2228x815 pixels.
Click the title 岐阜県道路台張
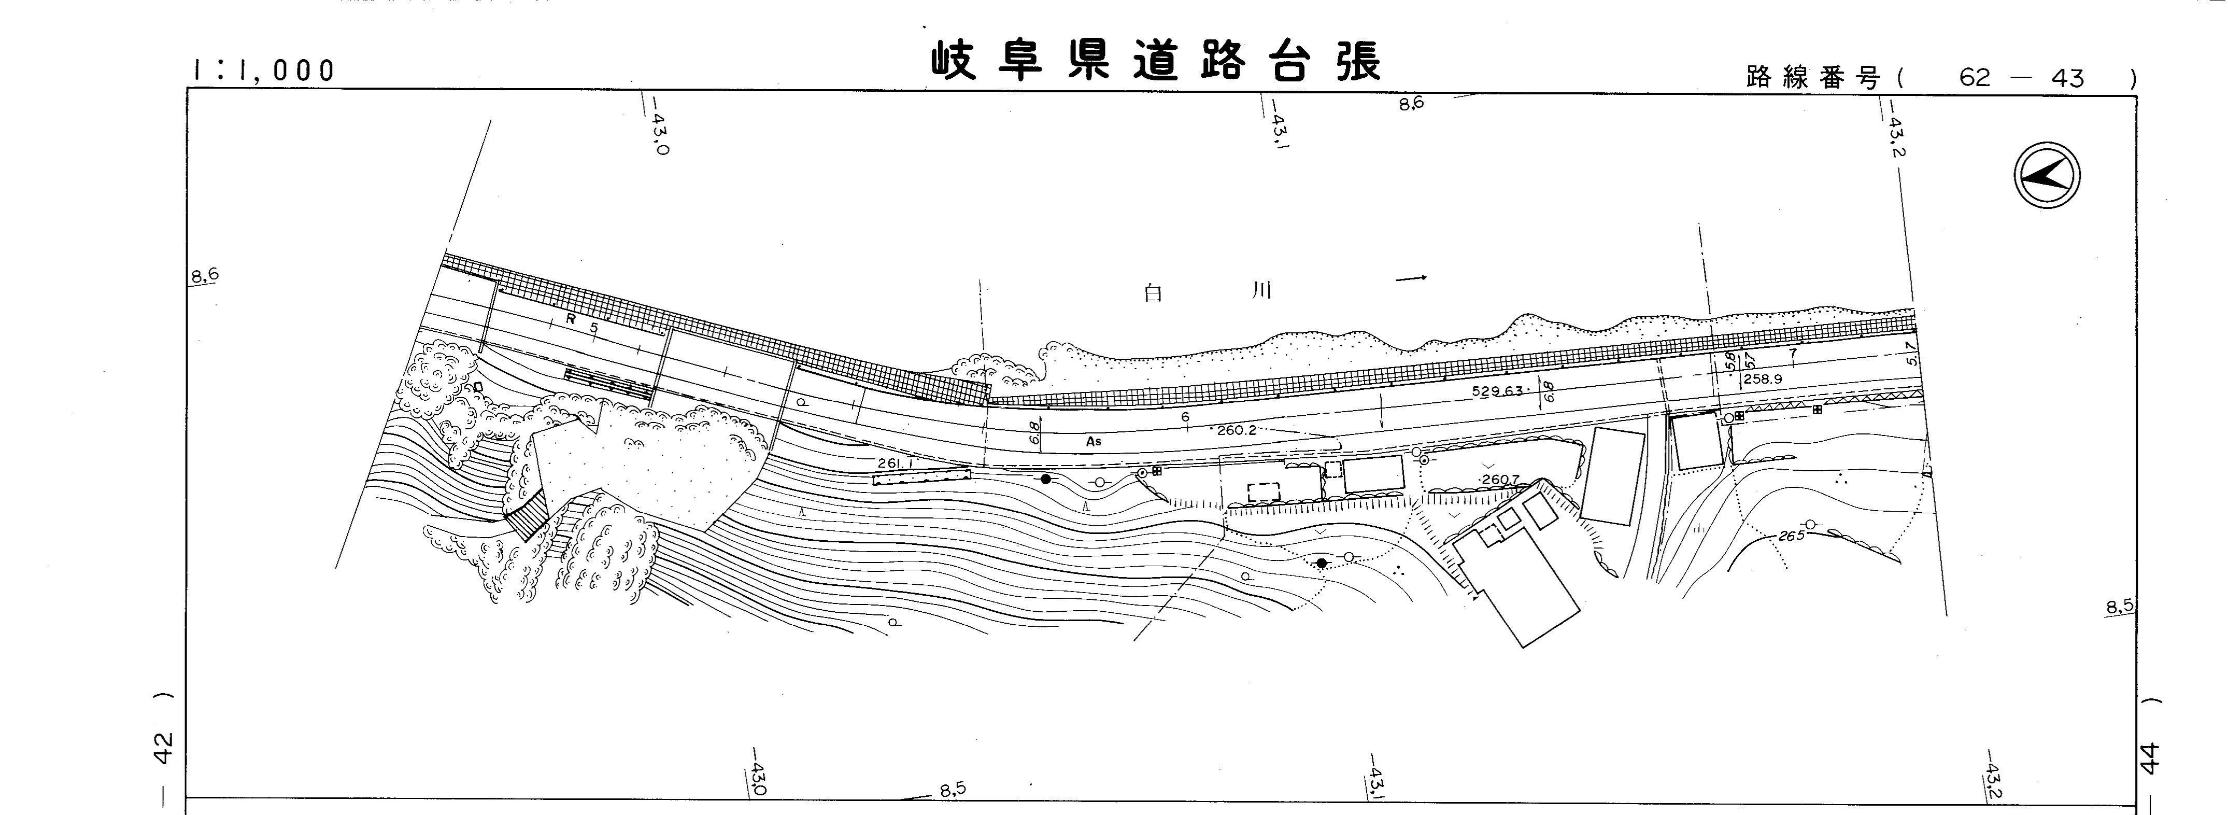[x=1156, y=61]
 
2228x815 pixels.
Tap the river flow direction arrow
[x=1412, y=278]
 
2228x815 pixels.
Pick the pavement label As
[x=1094, y=441]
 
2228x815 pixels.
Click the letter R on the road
[x=571, y=318]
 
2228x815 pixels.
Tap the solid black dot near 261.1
[x=1046, y=479]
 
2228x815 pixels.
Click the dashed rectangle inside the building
[x=1264, y=493]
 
